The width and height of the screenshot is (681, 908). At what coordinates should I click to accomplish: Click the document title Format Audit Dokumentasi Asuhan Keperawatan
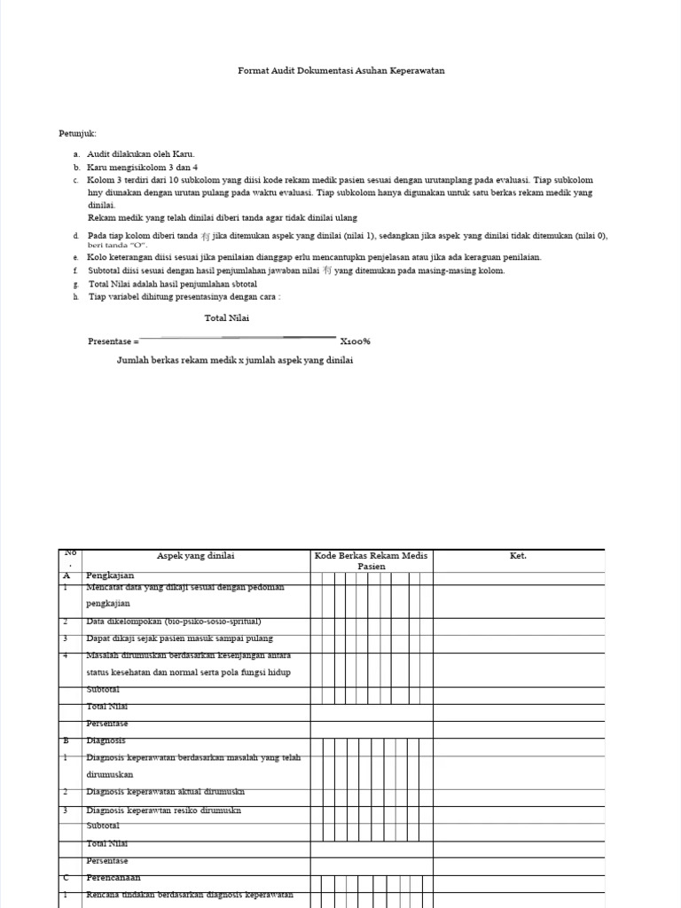(341, 70)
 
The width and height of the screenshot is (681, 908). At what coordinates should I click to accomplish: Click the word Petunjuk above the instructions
(78, 133)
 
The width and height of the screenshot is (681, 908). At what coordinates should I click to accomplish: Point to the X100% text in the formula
(355, 341)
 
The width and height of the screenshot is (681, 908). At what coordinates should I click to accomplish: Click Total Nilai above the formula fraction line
(227, 318)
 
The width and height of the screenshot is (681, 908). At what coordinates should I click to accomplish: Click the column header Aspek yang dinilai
(196, 556)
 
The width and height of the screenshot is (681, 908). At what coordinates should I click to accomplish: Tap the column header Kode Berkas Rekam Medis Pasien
(372, 560)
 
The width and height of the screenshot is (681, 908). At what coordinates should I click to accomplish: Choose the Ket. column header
(518, 556)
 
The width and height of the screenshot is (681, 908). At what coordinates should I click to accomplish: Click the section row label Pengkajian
(110, 575)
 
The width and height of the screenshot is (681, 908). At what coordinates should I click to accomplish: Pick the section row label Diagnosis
(106, 740)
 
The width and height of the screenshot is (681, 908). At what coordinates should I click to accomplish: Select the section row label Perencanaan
(113, 877)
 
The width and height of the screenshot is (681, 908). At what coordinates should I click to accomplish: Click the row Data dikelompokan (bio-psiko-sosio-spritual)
(174, 622)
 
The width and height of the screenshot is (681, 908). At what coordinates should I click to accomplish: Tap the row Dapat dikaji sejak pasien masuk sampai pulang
(180, 638)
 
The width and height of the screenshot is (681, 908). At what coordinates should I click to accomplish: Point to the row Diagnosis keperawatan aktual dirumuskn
(165, 792)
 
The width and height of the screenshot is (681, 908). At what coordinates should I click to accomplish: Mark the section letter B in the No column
(66, 740)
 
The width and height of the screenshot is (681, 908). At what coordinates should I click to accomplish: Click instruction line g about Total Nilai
(173, 284)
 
